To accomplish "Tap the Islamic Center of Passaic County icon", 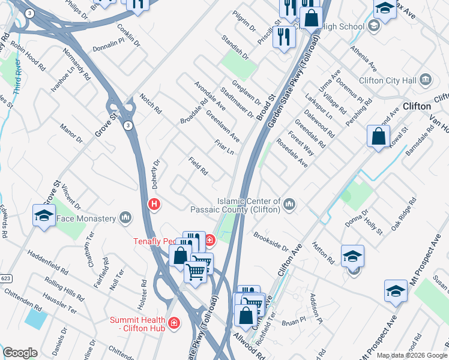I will [x=290, y=205].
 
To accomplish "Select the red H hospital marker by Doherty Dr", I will [x=154, y=205].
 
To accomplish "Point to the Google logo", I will [x=20, y=353].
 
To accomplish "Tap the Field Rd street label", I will [x=197, y=167].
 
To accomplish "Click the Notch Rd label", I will [x=151, y=104].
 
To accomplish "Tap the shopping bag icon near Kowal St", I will [x=379, y=136].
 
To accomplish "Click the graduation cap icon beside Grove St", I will [x=44, y=216].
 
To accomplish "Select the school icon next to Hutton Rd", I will [x=352, y=256].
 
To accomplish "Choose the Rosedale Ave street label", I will [x=292, y=153].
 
